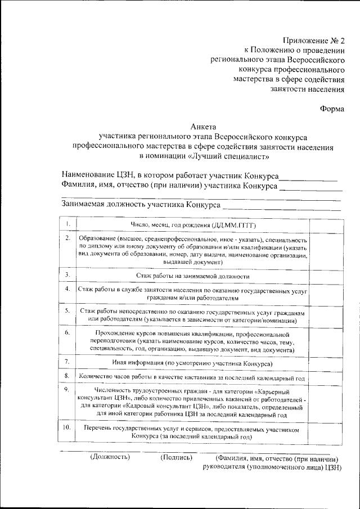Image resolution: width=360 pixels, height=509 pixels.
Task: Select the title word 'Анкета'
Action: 203,127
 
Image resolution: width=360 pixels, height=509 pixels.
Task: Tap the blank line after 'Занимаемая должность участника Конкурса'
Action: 281,207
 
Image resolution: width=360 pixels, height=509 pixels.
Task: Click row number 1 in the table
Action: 67,225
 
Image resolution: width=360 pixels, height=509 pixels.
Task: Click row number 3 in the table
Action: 67,275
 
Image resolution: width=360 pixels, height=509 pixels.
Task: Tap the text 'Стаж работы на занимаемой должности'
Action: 192,276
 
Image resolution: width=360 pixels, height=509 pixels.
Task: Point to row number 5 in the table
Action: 67,310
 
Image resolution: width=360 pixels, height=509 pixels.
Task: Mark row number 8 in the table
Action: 67,376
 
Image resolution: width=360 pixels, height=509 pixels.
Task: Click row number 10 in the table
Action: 67,428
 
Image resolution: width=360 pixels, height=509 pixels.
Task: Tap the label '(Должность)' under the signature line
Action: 110,457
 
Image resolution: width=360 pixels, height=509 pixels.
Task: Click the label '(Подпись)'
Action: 177,457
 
